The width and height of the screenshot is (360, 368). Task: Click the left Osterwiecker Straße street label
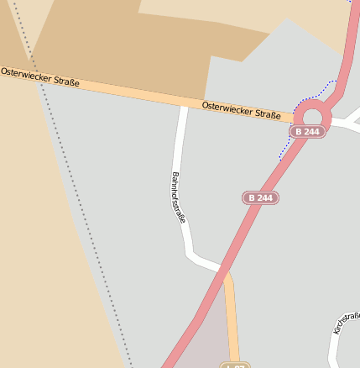point(40,77)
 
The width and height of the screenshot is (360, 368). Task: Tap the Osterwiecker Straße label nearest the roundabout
point(241,109)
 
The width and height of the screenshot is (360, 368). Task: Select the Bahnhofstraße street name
point(178,197)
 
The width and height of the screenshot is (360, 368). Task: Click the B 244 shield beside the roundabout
point(307,132)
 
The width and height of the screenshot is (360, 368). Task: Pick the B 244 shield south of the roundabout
point(260,198)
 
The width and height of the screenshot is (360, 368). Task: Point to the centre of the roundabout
point(313,116)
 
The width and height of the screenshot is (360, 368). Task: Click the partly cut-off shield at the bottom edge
point(235,365)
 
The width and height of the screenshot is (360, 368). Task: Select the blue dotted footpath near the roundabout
point(290,144)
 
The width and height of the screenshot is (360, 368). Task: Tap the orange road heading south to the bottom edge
point(232,319)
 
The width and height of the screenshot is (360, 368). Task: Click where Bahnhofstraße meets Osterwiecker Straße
point(182,103)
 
